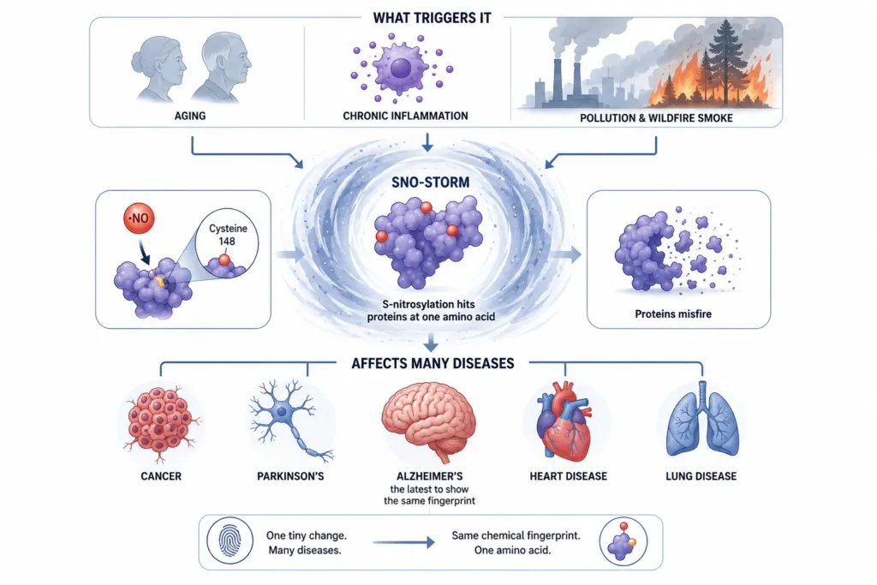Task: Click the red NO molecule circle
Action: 139,218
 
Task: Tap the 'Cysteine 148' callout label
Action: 228,235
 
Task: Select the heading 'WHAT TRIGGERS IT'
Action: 432,18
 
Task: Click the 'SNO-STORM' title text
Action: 430,182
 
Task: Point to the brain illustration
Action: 428,421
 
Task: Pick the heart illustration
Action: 564,421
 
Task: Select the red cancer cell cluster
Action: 160,422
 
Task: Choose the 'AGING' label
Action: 190,116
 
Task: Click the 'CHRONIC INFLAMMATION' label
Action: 405,116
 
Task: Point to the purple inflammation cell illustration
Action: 401,69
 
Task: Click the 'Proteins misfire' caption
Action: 673,313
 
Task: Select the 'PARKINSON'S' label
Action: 290,476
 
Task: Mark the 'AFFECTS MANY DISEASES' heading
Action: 433,363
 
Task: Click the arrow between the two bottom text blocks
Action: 403,542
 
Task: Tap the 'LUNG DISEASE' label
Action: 701,476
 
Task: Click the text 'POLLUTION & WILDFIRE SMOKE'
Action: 656,118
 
